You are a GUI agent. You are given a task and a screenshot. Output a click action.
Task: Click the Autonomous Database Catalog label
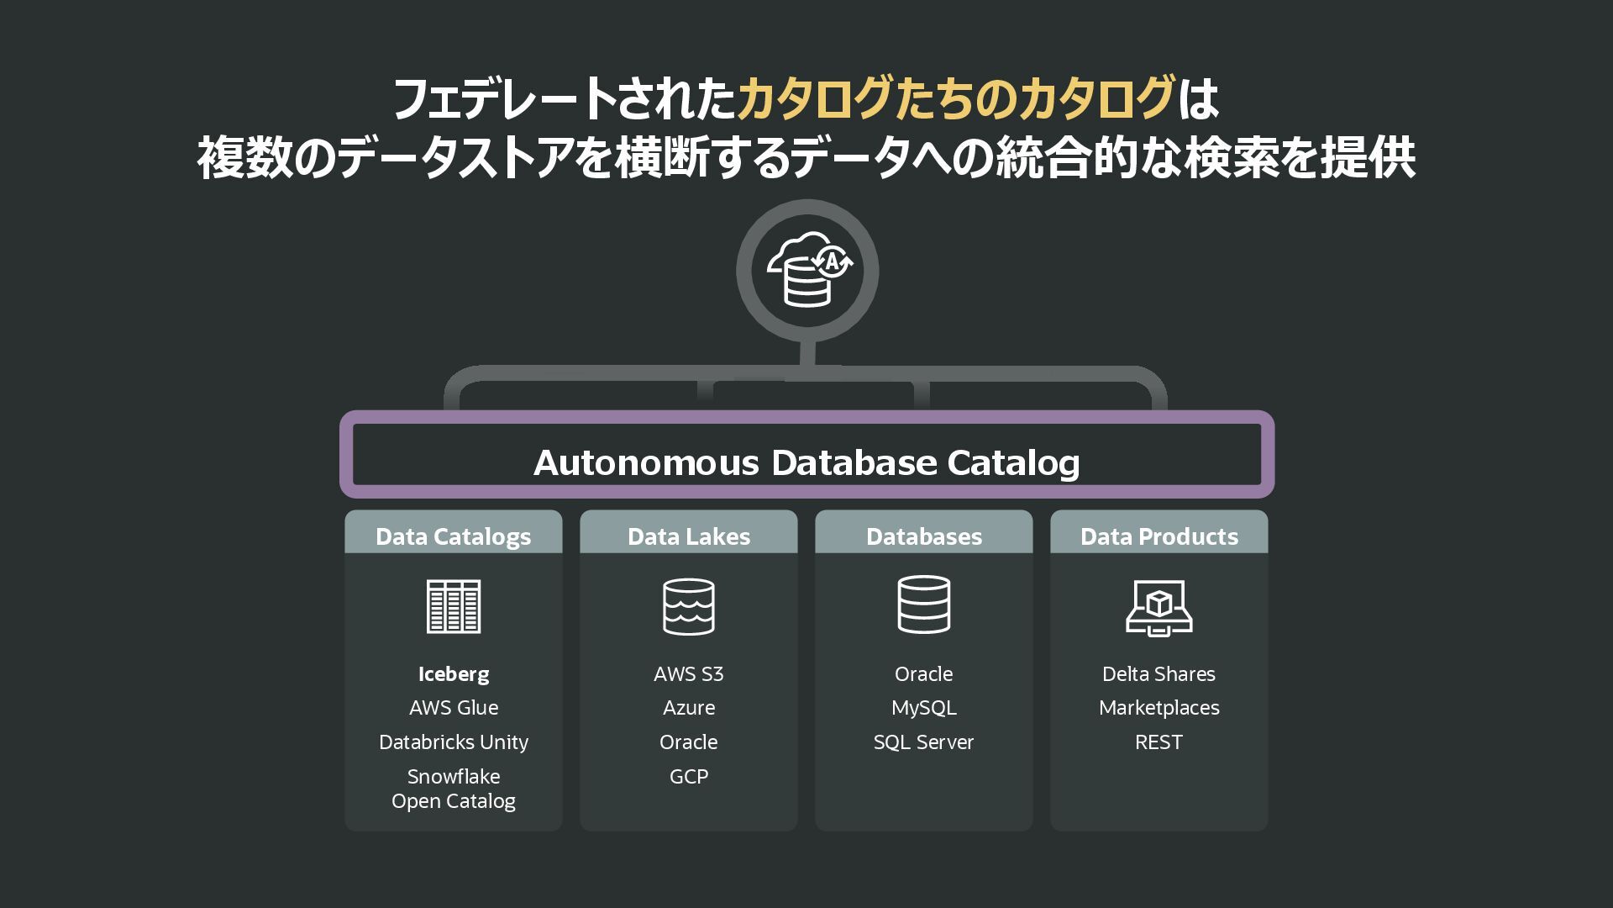pos(806,462)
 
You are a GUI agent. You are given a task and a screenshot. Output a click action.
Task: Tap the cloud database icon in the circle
pos(807,270)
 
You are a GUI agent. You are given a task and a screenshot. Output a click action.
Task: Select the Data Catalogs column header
pos(453,536)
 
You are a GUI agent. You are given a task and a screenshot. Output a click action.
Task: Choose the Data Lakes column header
pos(688,536)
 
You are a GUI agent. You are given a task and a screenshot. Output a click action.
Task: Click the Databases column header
pos(923,536)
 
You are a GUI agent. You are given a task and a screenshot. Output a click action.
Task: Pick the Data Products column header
pos(1159,536)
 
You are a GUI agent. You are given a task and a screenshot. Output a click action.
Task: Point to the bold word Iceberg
pos(454,673)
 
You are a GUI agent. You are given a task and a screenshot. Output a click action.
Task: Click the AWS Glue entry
pos(454,708)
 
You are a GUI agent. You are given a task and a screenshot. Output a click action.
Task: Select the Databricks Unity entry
pos(454,742)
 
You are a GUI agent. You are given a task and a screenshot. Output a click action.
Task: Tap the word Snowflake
pos(454,776)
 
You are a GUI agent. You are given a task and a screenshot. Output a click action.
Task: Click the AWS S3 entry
pos(688,673)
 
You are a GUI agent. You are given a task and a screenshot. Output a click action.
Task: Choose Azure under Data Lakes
pos(688,708)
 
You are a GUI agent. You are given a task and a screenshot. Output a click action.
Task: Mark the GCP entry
pos(688,776)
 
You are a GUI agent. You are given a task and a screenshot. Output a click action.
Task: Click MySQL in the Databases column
pos(923,708)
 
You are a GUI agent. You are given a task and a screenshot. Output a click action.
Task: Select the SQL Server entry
pos(923,742)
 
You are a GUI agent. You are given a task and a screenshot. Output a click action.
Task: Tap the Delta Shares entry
pos(1159,673)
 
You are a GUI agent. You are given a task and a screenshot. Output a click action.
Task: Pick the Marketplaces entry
pos(1159,708)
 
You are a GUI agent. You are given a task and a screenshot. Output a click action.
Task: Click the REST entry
pos(1159,742)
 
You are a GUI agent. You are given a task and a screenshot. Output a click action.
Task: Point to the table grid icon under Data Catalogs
pos(454,606)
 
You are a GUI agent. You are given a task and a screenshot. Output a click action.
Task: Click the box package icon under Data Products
pos(1159,606)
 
